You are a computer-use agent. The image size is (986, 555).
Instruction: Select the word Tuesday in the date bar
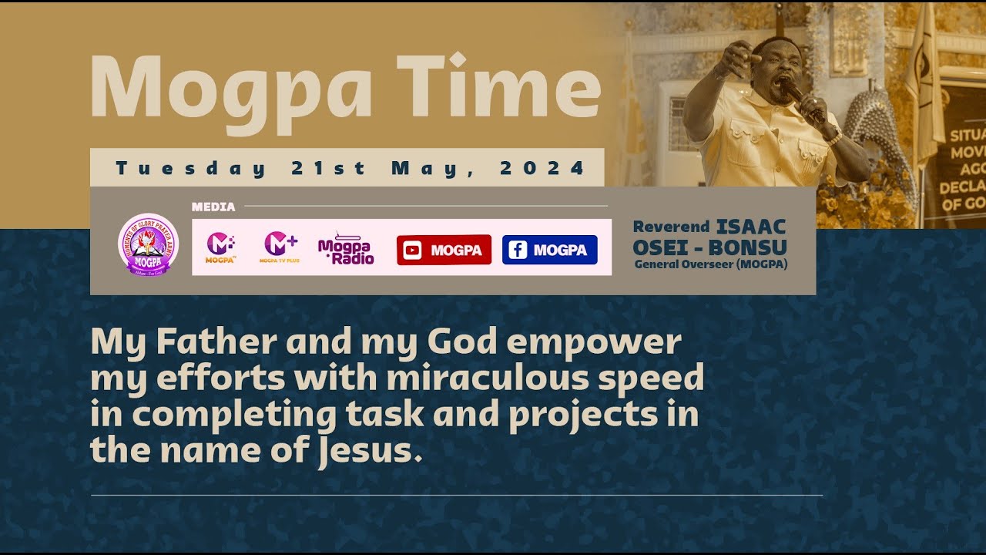(x=191, y=168)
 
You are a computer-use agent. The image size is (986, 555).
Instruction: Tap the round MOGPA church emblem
(x=148, y=245)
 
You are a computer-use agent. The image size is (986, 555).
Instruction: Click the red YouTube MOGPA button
(x=444, y=250)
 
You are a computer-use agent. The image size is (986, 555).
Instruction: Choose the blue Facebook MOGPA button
(x=549, y=250)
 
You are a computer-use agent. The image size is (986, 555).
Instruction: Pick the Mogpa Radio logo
(x=345, y=248)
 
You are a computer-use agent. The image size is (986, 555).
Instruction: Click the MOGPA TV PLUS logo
(x=280, y=247)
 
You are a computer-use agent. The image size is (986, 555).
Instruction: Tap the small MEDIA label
(x=213, y=207)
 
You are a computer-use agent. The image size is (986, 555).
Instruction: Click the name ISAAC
(x=751, y=227)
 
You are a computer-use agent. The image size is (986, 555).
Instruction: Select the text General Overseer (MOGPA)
(x=710, y=265)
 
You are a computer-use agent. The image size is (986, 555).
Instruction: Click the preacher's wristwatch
(x=832, y=136)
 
